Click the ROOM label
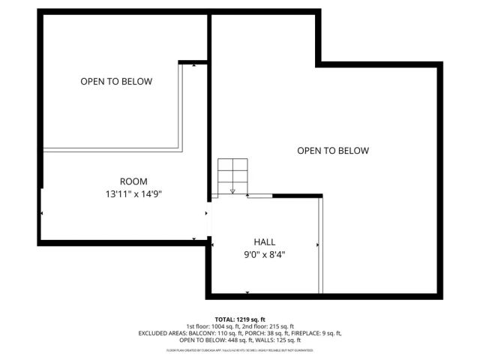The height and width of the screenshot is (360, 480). [x=133, y=181]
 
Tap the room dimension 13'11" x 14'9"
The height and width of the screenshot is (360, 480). [x=133, y=193]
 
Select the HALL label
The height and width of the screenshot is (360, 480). [x=264, y=242]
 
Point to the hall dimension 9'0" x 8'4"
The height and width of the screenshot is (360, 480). [x=264, y=254]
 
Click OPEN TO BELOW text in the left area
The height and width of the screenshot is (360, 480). [x=116, y=81]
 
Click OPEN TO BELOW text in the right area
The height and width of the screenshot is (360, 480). [x=333, y=151]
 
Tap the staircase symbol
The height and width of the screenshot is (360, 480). [x=232, y=177]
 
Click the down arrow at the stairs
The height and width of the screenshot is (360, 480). [x=232, y=190]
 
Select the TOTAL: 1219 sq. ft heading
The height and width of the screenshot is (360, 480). [x=240, y=319]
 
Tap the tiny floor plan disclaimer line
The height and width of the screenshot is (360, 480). [x=240, y=350]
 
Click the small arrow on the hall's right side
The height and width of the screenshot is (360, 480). [x=318, y=244]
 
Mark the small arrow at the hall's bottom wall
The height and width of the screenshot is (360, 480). [x=247, y=292]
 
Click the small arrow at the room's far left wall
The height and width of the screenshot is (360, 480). [x=43, y=214]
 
